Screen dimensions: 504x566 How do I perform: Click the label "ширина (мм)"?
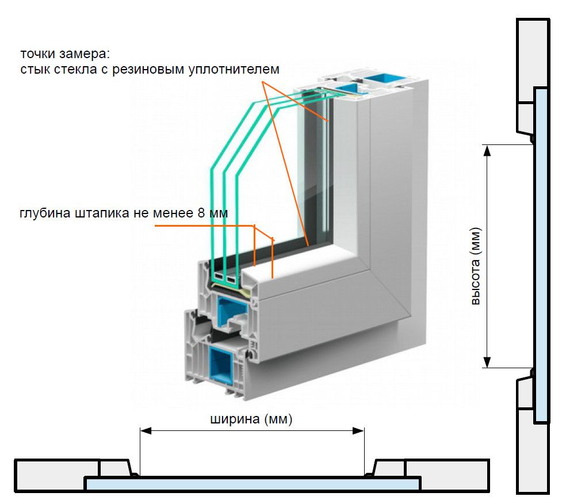coord(251,419)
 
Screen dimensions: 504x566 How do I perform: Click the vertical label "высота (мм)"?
coord(475,266)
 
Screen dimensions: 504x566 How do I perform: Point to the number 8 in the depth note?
coord(201,213)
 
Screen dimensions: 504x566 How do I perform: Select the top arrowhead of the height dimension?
coord(487,150)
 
